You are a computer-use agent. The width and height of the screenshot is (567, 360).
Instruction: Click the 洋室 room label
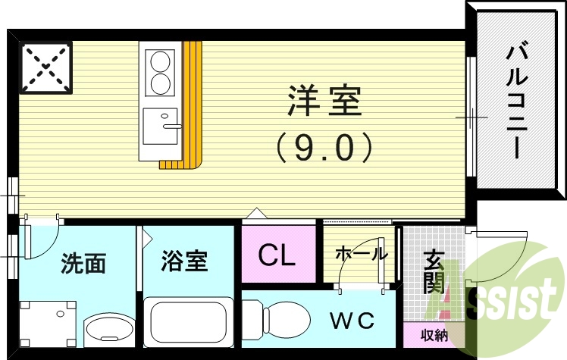323,102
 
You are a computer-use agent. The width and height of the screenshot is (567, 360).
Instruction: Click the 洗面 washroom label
83,264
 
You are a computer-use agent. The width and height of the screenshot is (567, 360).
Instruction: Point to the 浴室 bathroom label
184,262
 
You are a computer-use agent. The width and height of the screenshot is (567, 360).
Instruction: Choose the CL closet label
277,256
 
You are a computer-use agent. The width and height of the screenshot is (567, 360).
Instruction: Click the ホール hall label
361,254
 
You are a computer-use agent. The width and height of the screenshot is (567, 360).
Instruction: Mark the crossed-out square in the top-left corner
46,67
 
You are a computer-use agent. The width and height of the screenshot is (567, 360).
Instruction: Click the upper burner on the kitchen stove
161,60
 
